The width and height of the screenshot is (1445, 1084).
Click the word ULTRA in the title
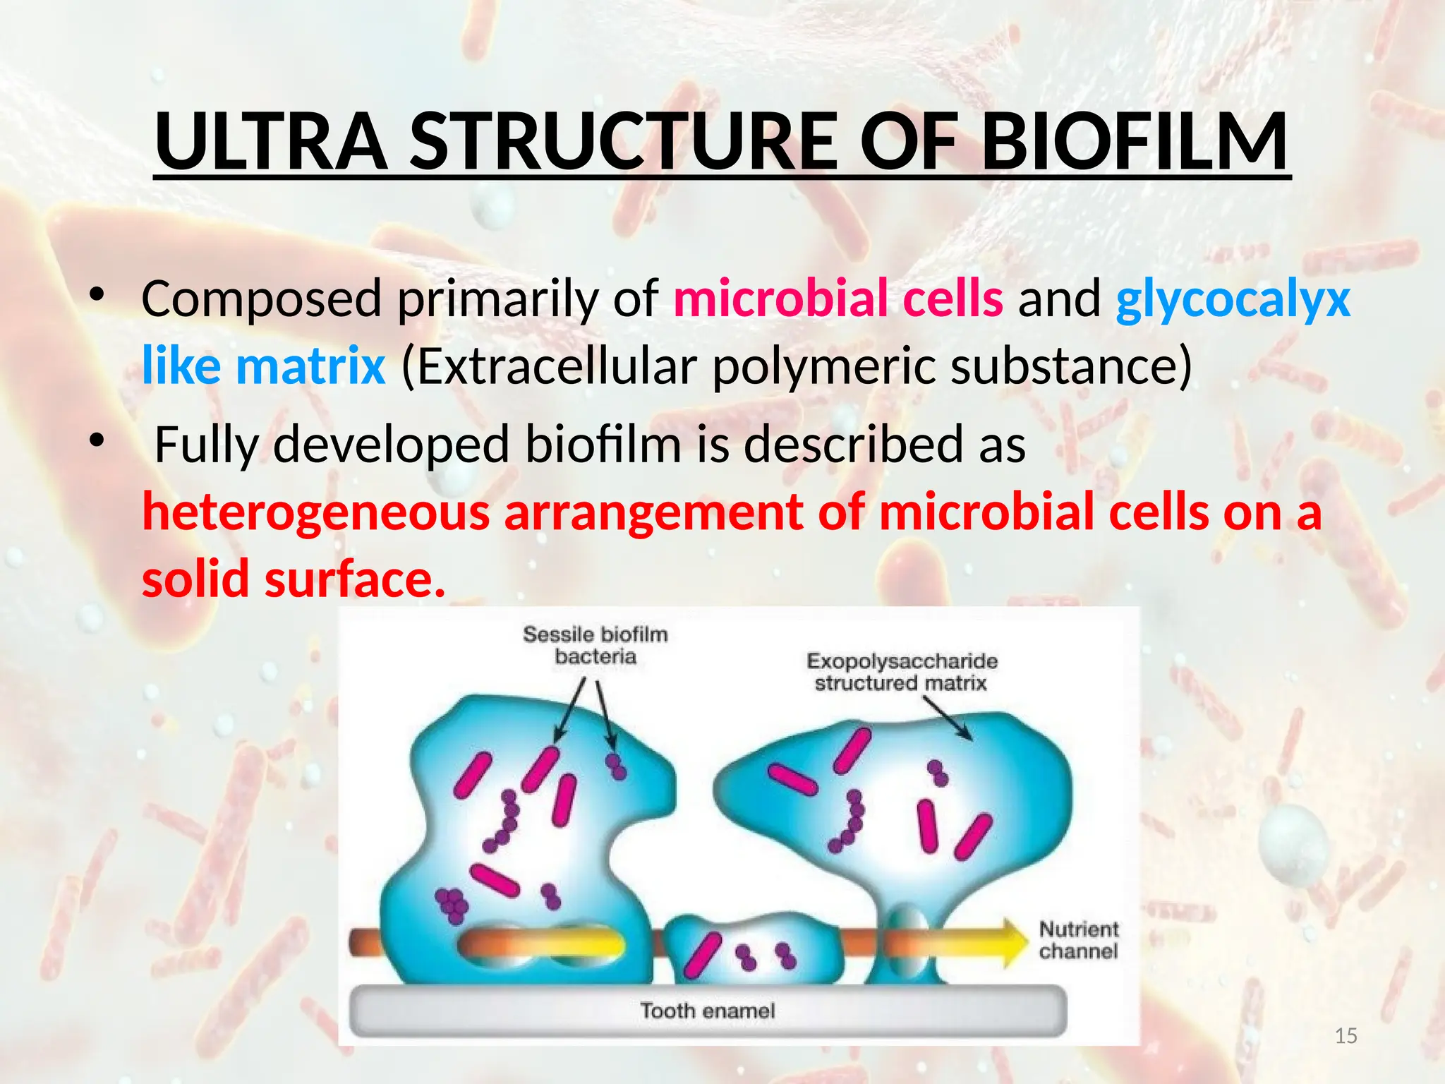(271, 141)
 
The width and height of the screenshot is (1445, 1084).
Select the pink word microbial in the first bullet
(780, 299)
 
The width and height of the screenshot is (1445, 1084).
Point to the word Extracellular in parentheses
(549, 366)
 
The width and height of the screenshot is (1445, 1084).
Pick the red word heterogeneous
(315, 512)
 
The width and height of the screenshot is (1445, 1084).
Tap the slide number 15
(1346, 1036)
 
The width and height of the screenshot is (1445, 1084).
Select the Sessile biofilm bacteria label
(595, 645)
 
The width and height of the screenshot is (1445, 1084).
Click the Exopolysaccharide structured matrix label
(902, 672)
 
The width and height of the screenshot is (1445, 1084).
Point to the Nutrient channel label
(1078, 940)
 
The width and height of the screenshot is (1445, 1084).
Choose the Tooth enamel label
(707, 1011)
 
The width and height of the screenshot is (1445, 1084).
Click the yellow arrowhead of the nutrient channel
(1015, 943)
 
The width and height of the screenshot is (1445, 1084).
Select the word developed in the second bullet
(392, 445)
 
